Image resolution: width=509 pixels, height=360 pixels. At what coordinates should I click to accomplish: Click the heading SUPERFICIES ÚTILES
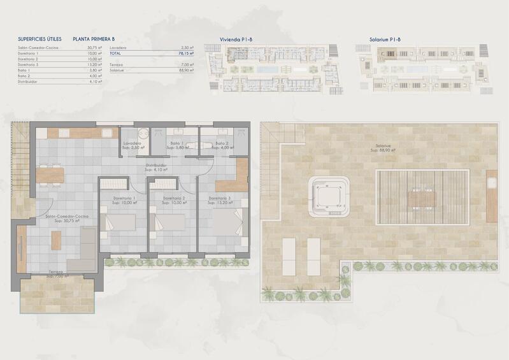pos(39,39)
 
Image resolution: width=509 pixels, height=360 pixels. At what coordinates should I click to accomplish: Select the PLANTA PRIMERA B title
pos(94,39)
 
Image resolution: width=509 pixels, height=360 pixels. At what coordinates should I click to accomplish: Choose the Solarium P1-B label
pos(384,40)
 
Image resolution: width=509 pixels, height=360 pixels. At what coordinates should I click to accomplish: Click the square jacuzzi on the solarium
pos(329,195)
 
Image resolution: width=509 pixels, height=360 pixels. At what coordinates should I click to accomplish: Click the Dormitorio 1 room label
pos(124,199)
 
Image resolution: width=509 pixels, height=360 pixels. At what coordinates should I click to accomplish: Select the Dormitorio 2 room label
pos(173,199)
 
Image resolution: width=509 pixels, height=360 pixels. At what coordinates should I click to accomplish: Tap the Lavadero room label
pos(132,144)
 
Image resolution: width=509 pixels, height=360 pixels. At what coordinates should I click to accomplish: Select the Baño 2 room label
pos(222,144)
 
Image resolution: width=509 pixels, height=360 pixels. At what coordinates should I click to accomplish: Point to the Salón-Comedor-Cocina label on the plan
pos(62,217)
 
